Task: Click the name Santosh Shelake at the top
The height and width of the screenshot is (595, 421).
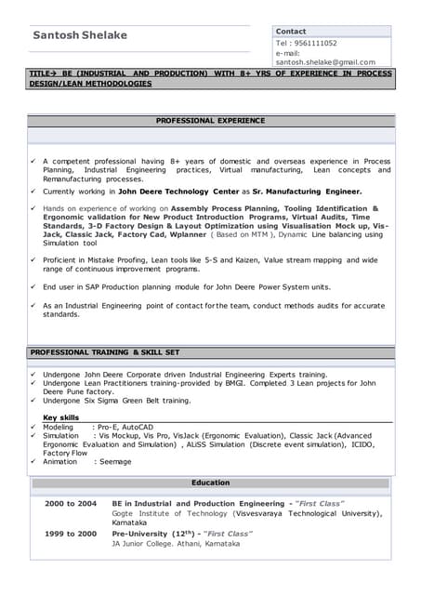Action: [x=80, y=35]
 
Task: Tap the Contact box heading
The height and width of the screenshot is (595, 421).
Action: [x=291, y=32]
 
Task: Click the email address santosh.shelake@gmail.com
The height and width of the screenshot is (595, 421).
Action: [x=325, y=62]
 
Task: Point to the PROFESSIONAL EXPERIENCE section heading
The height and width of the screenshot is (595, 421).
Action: [x=210, y=121]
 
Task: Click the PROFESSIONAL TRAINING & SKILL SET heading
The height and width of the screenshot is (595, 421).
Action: [x=104, y=353]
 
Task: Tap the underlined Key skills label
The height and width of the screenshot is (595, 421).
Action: [x=61, y=417]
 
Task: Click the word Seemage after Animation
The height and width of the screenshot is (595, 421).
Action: [x=116, y=461]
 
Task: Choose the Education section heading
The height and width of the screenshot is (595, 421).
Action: [x=210, y=483]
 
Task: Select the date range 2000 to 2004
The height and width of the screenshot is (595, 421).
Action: [x=71, y=504]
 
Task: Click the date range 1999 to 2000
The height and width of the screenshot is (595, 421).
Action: [x=71, y=534]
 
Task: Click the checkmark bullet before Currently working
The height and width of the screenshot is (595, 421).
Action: [x=33, y=191]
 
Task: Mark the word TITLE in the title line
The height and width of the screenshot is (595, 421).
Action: [x=40, y=73]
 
